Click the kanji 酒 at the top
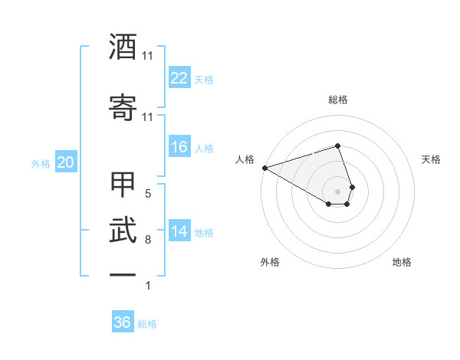click(123, 47)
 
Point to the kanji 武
click(123, 230)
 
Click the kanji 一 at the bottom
click(123, 274)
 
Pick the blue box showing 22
click(179, 78)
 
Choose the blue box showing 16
click(179, 147)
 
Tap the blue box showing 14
click(179, 231)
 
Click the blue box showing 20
click(65, 162)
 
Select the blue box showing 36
click(122, 322)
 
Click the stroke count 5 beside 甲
click(148, 194)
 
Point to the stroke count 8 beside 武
click(148, 240)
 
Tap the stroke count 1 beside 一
click(148, 286)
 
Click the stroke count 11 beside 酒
click(148, 56)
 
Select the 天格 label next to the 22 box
click(204, 79)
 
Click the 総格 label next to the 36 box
click(147, 324)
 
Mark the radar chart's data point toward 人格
click(264, 168)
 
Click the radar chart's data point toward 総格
click(338, 146)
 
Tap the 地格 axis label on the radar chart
click(402, 262)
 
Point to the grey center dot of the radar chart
click(338, 191)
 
